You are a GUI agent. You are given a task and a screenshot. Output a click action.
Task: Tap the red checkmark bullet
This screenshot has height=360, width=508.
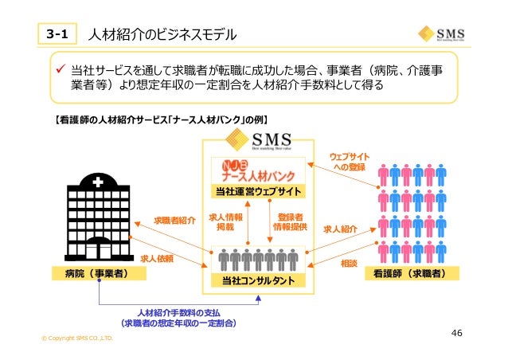(x=59, y=71)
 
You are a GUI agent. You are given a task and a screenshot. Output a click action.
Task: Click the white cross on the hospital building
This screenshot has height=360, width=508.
(x=97, y=182)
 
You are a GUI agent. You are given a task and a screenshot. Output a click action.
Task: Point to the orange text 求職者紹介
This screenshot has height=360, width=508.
(x=174, y=221)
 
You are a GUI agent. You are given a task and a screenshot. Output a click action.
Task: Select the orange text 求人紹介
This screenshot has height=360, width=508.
(x=340, y=229)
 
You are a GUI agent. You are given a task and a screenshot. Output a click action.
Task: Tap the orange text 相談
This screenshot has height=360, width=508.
(x=348, y=262)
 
